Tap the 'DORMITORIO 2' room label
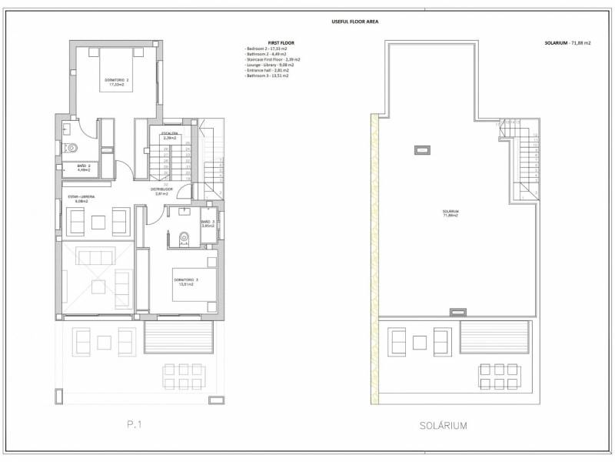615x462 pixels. point(117,82)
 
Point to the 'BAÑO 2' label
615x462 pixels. point(84,166)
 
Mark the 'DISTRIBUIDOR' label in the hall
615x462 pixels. point(162,190)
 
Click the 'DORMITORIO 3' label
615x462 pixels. point(183,281)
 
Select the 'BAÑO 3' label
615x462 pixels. point(207,224)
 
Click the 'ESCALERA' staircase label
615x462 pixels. point(170,136)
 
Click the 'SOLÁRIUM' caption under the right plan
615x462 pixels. point(444,424)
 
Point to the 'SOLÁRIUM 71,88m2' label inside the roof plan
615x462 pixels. point(450,213)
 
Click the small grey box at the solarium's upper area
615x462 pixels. point(421,149)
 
